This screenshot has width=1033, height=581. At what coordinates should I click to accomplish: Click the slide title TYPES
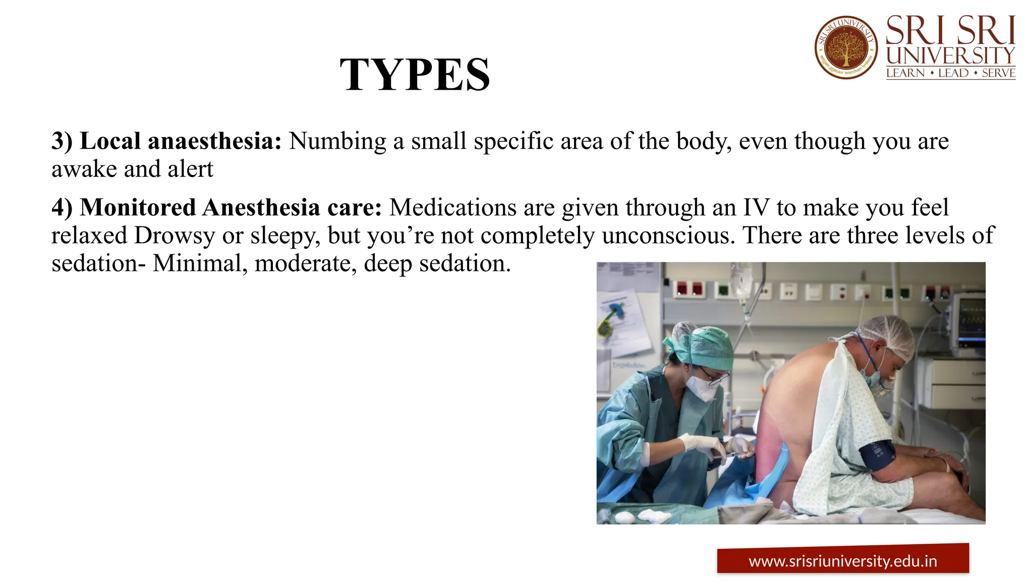[415, 75]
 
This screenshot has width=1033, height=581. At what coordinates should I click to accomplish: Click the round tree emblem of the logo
[846, 47]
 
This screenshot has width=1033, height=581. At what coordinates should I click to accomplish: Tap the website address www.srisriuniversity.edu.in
[842, 561]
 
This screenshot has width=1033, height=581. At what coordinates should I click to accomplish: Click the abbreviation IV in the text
[756, 207]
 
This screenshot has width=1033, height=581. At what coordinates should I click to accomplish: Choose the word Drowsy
[175, 236]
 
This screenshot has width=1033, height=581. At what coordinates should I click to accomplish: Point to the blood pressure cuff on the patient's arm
[877, 453]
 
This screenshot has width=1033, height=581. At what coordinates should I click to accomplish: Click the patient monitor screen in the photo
[971, 318]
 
